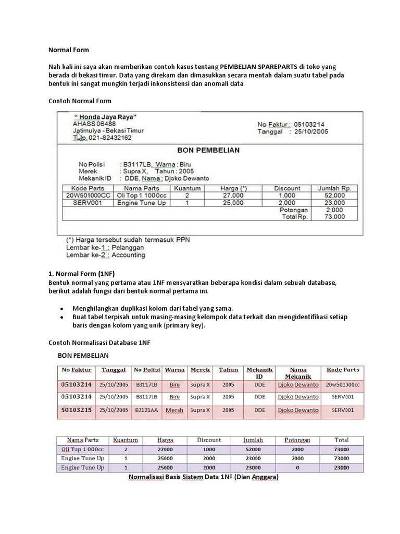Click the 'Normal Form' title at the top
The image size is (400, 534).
(69, 50)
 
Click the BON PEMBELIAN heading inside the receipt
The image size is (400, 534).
(208, 150)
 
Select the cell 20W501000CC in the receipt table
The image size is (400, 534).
(85, 195)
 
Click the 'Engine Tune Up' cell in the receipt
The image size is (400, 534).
(141, 202)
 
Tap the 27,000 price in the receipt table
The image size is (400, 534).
(233, 195)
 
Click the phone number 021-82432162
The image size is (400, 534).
(110, 138)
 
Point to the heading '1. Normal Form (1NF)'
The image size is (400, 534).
(82, 273)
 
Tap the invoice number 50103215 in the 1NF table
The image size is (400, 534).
(77, 410)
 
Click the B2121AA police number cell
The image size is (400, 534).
(146, 410)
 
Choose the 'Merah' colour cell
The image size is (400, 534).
(174, 410)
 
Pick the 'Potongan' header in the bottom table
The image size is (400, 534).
(297, 440)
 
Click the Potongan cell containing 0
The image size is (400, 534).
(297, 468)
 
